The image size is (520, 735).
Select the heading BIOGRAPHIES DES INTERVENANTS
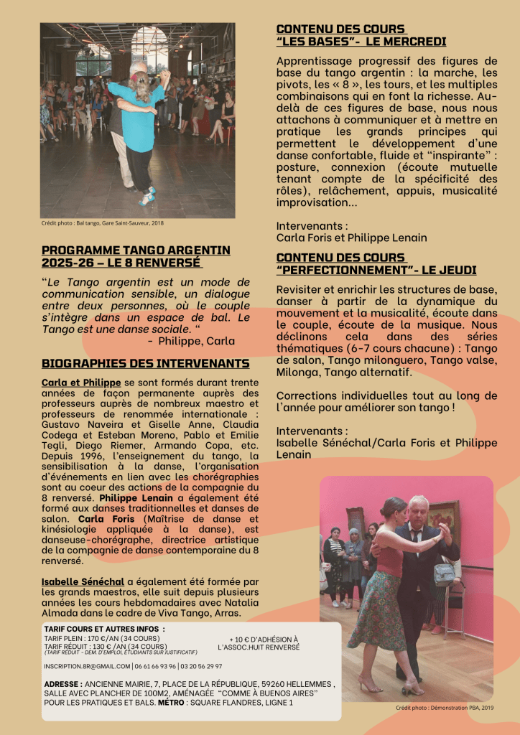(146, 363)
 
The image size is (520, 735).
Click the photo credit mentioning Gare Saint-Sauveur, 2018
(102, 223)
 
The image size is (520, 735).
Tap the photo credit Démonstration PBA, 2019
(445, 708)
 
